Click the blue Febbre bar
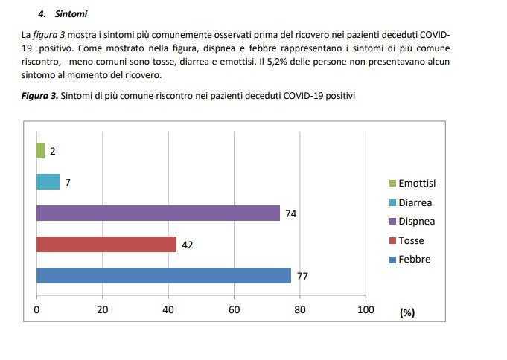[x=164, y=275]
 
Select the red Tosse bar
[x=106, y=244]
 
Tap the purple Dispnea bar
[x=158, y=213]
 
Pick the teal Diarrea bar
[x=48, y=181]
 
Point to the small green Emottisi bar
[x=40, y=150]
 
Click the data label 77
[x=302, y=276]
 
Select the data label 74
[x=291, y=213]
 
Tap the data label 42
[x=188, y=245]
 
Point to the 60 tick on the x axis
[x=234, y=309]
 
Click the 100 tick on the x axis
[x=366, y=309]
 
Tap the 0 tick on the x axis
[x=36, y=309]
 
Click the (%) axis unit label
[x=406, y=312]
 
